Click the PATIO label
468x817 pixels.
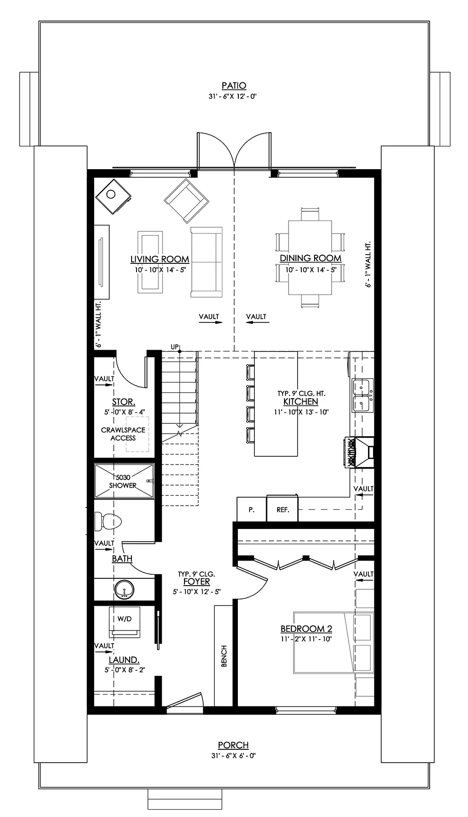(234, 85)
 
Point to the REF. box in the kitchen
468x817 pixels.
(283, 509)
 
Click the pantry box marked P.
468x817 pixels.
(251, 509)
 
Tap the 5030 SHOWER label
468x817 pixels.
(123, 481)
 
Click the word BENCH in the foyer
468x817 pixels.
(224, 656)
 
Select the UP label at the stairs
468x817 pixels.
(174, 347)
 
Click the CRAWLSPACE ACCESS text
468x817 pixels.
(123, 434)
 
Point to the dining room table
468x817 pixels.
(310, 258)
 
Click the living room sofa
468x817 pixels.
(206, 262)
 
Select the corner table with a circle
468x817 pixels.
(113, 195)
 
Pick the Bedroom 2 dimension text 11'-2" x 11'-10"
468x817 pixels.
(306, 639)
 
